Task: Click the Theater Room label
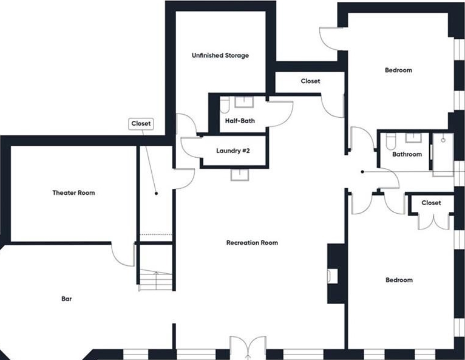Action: pos(73,193)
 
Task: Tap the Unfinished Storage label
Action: pos(220,55)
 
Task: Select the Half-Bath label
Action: pos(240,121)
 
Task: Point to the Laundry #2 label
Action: pos(232,151)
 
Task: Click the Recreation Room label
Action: pos(252,243)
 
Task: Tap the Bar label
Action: pos(66,299)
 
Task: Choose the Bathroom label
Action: pos(407,154)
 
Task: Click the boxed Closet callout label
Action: pos(141,124)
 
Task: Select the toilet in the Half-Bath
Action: pos(225,105)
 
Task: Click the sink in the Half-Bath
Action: pos(244,102)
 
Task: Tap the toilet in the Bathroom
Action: pos(390,141)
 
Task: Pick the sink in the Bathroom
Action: pos(413,138)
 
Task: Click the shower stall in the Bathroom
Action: pos(443,155)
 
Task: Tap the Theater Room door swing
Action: pos(123,254)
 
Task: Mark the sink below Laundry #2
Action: pos(240,175)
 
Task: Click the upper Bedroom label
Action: pos(398,70)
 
